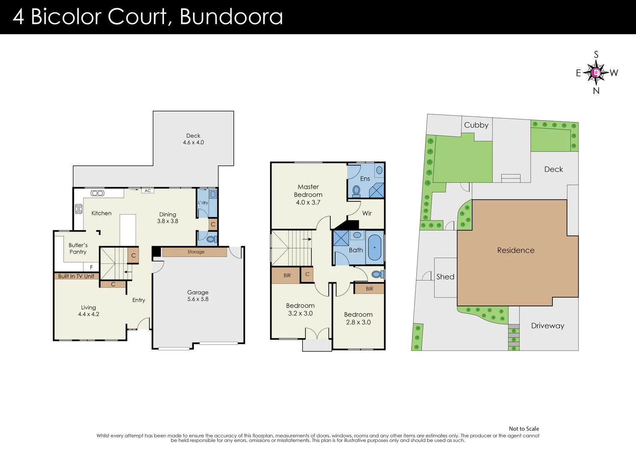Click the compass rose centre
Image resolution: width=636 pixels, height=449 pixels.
tap(596, 73)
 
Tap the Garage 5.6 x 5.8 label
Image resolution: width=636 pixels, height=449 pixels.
tap(198, 296)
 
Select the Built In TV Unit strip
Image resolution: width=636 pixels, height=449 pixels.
tap(76, 276)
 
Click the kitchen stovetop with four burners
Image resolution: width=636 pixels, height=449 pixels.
tap(79, 209)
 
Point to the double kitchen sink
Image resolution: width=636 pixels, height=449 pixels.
tap(97, 193)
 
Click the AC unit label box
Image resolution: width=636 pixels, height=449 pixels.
tap(148, 191)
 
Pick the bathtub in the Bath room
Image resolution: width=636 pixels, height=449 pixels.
tap(375, 248)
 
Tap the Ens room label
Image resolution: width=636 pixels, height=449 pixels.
tap(365, 179)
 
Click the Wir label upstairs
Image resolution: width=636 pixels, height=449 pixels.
tap(367, 213)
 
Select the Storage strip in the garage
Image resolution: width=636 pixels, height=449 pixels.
tap(196, 252)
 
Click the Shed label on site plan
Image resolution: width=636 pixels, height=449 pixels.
tap(445, 277)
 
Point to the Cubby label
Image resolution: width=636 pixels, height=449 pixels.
tap(476, 125)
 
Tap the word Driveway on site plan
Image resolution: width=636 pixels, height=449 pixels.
tap(547, 326)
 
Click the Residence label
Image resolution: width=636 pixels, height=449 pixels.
tap(516, 250)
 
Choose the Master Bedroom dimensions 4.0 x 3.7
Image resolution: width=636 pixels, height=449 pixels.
tap(308, 202)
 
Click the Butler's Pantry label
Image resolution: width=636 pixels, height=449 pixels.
tap(78, 249)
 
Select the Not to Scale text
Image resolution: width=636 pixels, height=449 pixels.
tap(524, 429)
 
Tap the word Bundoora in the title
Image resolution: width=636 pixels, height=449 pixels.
tap(231, 17)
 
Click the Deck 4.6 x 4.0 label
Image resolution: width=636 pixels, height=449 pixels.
tap(193, 139)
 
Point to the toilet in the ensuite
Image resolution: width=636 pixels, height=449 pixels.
tap(356, 190)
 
